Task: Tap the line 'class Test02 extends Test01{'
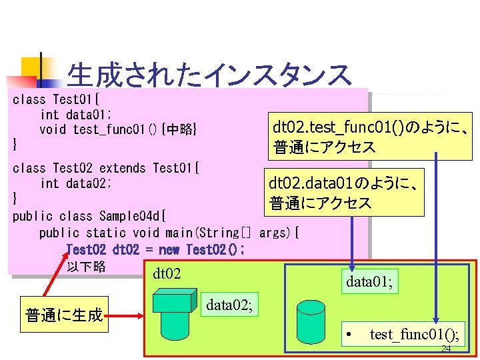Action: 107,168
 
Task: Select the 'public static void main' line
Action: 169,233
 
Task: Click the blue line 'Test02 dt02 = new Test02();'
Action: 155,249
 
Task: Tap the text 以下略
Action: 87,267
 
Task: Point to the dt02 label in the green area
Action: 167,273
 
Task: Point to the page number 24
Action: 446,349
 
